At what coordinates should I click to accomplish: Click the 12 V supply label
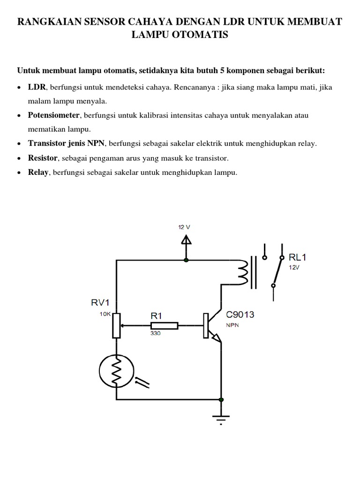tap(184, 227)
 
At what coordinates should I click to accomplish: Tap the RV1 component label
tap(100, 303)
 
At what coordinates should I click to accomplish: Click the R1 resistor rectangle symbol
tap(164, 325)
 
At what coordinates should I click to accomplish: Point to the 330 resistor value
tap(156, 334)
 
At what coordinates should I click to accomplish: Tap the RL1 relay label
tap(298, 257)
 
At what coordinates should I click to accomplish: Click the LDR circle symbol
tap(116, 371)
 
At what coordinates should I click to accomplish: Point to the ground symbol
tap(221, 417)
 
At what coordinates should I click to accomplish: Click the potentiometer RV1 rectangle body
tap(116, 325)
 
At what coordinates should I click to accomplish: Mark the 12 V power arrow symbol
tap(187, 241)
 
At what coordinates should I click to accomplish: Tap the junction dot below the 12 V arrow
tap(187, 260)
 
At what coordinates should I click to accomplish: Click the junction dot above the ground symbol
tap(221, 400)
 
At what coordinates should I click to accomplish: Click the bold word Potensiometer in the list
tap(54, 115)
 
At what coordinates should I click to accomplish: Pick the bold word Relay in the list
tap(38, 172)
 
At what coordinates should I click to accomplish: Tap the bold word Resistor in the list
tap(43, 158)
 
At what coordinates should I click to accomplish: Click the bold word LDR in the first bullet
tap(37, 87)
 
